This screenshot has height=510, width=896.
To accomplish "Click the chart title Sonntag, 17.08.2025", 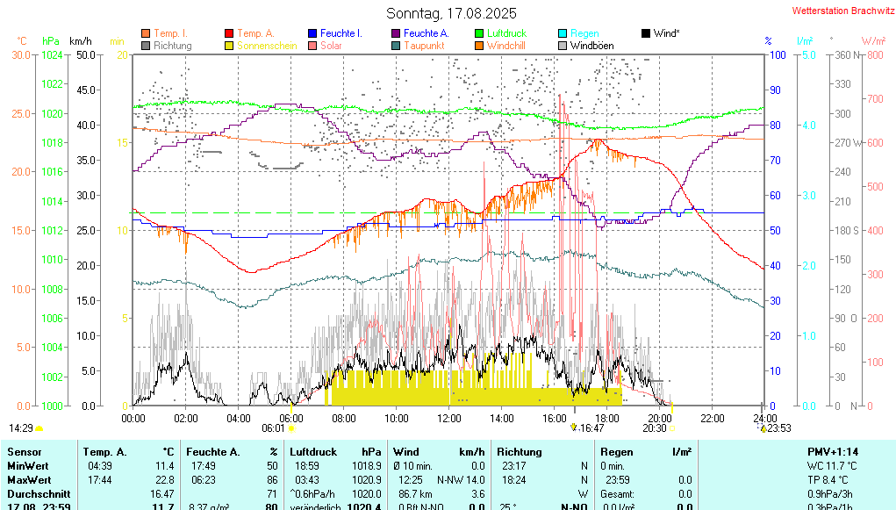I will pos(451,13).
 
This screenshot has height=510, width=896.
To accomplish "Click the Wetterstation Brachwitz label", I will pos(841,11).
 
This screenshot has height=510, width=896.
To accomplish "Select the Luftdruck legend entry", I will pos(506,33).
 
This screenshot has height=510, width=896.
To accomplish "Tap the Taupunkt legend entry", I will pos(424,45).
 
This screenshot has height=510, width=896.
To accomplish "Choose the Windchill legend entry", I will pos(506,45).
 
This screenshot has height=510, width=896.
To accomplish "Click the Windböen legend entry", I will pos(591,45).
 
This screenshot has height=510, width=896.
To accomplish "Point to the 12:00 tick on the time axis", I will pos(449,418).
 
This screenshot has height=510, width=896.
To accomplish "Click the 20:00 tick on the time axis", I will pos(660,418).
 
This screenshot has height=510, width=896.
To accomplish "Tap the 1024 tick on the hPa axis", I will pos(52,54).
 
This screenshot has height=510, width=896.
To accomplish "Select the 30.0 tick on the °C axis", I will pos(21,54).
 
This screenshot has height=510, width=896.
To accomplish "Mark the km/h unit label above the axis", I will pos(80,41).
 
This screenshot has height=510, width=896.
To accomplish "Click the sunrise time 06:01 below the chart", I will pos(273,428).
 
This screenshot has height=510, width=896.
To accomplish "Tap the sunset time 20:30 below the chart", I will pos(654,428).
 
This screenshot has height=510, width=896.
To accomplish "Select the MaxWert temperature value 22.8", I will pos(165,480).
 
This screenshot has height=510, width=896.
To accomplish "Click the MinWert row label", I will pos(27,466).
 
